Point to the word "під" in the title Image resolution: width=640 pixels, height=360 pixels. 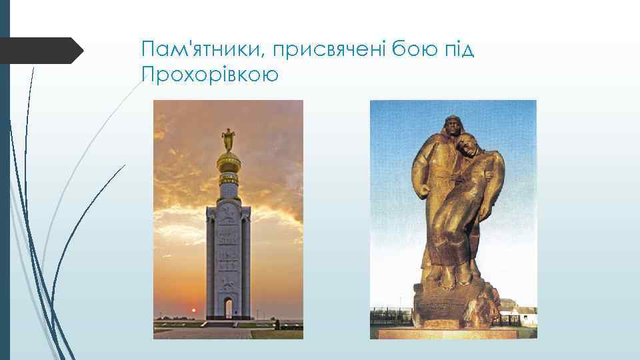tap(459, 49)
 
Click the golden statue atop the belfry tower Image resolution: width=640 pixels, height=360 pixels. tap(228, 139)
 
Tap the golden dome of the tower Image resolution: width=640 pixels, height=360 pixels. tap(228, 162)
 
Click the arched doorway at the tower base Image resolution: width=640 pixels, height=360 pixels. tap(228, 307)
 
